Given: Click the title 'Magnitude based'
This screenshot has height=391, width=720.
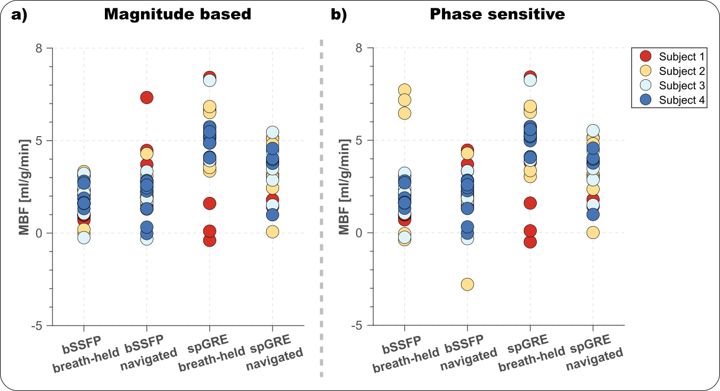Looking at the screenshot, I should (x=178, y=15).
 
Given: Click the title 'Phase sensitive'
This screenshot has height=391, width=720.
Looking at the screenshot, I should (x=497, y=15).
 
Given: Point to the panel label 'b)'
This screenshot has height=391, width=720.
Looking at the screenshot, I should (x=339, y=15).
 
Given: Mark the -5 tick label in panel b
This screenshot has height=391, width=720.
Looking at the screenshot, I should (x=358, y=325).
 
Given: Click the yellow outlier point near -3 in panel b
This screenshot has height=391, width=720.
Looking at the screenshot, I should (x=467, y=285).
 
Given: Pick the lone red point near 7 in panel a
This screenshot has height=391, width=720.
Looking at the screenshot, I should (x=146, y=98).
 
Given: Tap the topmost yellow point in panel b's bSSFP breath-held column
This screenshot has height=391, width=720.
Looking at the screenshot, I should (x=405, y=91).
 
